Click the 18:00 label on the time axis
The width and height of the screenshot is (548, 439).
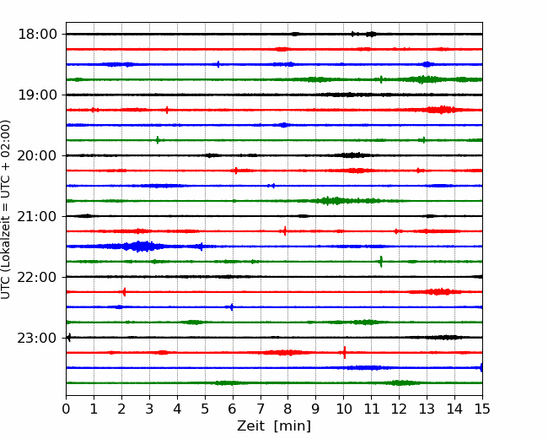click(37, 35)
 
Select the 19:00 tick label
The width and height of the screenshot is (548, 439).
click(37, 95)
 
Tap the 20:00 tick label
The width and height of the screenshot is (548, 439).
click(37, 155)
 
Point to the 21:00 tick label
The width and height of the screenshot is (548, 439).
click(37, 216)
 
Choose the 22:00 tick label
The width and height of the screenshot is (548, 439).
click(37, 277)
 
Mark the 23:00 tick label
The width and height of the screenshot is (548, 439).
click(37, 338)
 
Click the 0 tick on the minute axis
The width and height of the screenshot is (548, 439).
click(66, 409)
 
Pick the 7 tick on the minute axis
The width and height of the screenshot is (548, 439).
click(261, 409)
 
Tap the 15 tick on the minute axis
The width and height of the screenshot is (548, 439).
click(482, 409)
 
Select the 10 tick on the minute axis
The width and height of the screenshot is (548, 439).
click(343, 409)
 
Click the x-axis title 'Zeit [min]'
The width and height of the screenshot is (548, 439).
click(274, 426)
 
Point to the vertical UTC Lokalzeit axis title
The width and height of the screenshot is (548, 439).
click(6, 209)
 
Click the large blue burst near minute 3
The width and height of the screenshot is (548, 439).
click(140, 247)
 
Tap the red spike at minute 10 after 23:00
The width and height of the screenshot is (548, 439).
click(345, 353)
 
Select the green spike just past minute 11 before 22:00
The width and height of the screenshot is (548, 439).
click(381, 262)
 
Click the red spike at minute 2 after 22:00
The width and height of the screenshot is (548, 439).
click(124, 292)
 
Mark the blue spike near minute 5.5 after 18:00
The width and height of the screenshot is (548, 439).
click(218, 64)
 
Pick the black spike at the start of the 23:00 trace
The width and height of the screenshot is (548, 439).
click(69, 338)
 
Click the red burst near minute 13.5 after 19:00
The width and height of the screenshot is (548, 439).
click(441, 110)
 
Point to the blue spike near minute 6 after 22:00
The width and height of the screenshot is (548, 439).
click(231, 307)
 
